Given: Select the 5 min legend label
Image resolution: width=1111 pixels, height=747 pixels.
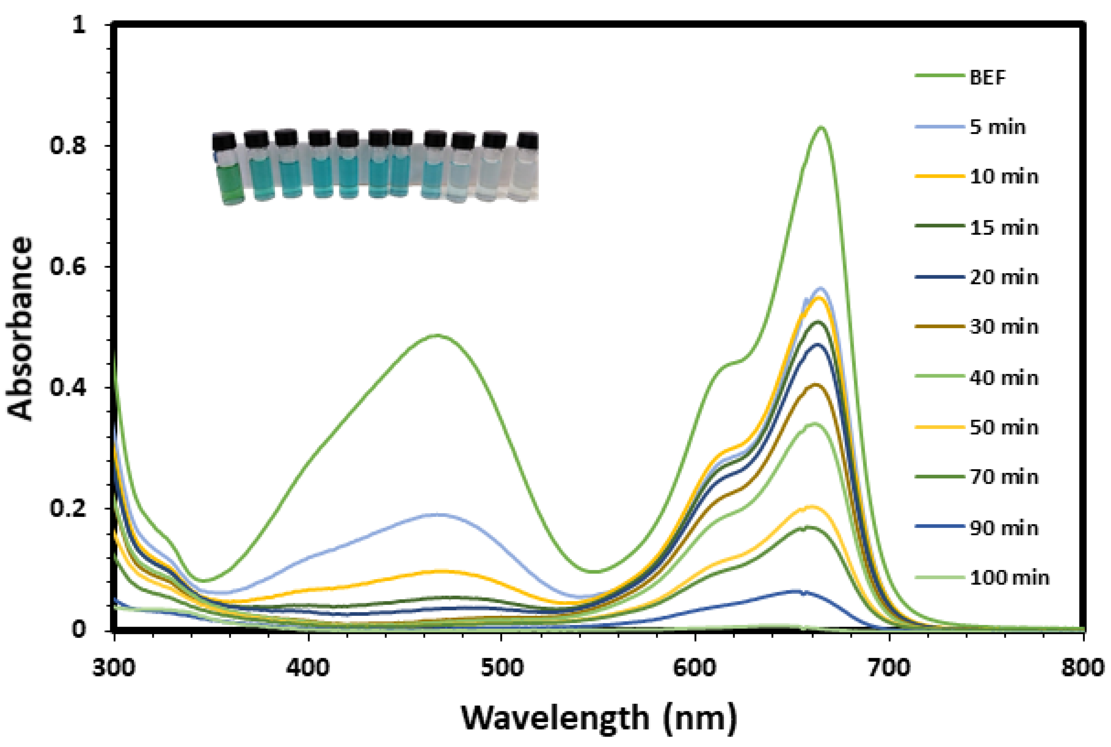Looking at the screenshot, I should pyautogui.click(x=998, y=127).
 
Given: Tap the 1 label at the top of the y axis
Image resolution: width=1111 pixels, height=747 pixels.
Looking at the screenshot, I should pyautogui.click(x=79, y=25).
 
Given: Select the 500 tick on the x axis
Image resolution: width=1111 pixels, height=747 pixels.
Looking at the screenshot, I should pyautogui.click(x=502, y=668).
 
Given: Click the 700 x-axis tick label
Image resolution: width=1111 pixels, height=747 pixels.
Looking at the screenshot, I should pyautogui.click(x=889, y=668).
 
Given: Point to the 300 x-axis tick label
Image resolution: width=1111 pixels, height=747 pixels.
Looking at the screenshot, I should pyautogui.click(x=114, y=668).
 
